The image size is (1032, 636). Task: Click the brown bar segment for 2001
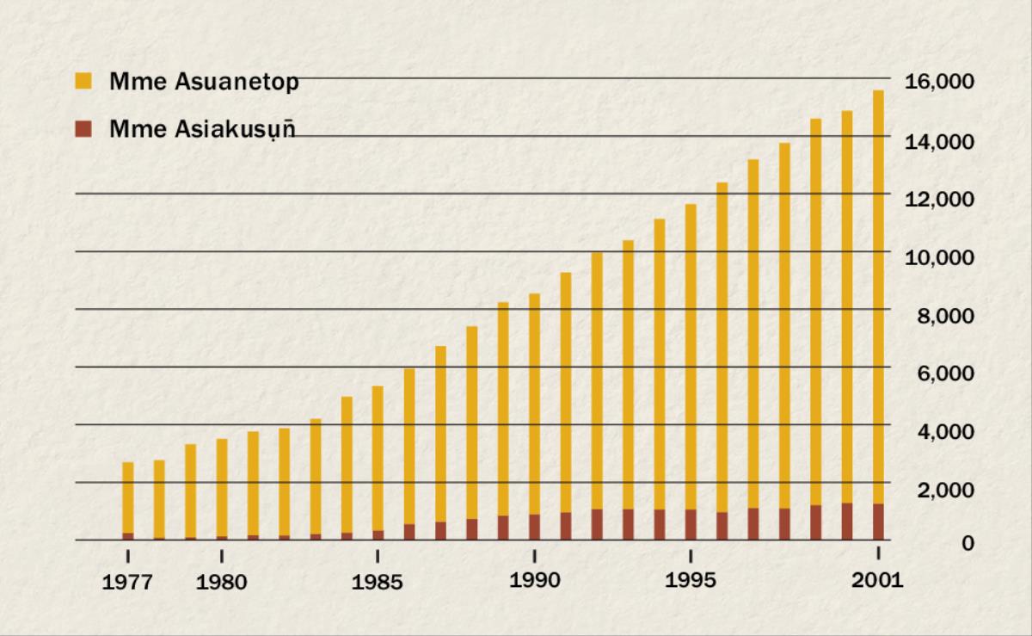pyautogui.click(x=878, y=522)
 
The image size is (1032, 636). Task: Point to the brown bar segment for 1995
pyautogui.click(x=691, y=524)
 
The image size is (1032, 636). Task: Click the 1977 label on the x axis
pyautogui.click(x=127, y=583)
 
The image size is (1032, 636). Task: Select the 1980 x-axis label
pyautogui.click(x=221, y=583)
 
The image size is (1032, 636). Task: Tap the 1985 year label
pyautogui.click(x=378, y=583)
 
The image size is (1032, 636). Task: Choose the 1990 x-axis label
pyautogui.click(x=534, y=581)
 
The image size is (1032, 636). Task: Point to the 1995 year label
pyautogui.click(x=691, y=581)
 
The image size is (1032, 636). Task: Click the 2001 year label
pyautogui.click(x=877, y=581)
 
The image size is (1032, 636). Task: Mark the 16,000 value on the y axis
pyautogui.click(x=939, y=83)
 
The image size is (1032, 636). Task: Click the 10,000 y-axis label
pyautogui.click(x=939, y=257)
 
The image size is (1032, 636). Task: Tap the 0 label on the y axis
pyautogui.click(x=967, y=543)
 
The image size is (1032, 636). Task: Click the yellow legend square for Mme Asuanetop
pyautogui.click(x=83, y=82)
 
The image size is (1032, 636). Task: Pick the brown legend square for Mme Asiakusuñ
pyautogui.click(x=83, y=130)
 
